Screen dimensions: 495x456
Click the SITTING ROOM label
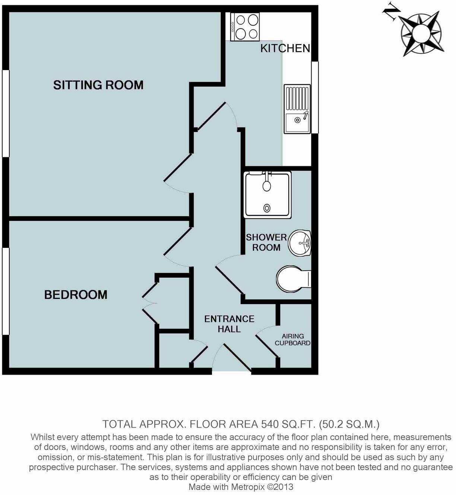[98, 85]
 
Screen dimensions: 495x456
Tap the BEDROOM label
[76, 295]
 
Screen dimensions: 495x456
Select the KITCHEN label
[285, 48]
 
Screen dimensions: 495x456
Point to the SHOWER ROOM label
[266, 242]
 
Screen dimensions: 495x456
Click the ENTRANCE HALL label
[229, 324]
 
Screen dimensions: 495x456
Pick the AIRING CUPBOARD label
[292, 340]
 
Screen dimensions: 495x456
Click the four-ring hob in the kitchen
[245, 27]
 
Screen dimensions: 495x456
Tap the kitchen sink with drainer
[297, 109]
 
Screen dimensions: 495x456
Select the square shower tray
[267, 194]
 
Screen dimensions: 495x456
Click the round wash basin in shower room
[301, 243]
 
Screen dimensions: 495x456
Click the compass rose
[421, 34]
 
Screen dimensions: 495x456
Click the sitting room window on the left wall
[5, 113]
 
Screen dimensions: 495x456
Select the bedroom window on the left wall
[5, 291]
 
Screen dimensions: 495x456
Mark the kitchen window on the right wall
[315, 97]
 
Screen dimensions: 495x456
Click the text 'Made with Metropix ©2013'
[241, 487]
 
